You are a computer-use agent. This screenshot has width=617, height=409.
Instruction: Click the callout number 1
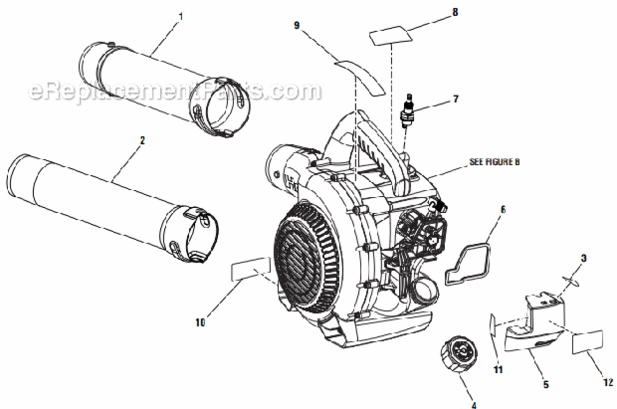(181, 16)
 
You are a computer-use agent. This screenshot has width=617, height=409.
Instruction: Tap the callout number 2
(142, 140)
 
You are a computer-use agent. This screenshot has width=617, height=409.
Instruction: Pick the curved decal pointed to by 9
(360, 74)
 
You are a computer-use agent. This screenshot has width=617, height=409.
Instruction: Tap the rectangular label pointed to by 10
(250, 268)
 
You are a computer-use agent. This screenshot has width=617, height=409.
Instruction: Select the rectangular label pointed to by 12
(588, 342)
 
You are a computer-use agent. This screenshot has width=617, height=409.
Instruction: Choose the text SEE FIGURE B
(494, 162)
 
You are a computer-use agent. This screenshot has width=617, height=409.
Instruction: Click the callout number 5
(546, 384)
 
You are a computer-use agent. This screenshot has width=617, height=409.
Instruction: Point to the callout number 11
(498, 370)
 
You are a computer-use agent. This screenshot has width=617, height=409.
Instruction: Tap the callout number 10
(200, 322)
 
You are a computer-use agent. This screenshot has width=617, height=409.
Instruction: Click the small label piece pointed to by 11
(493, 326)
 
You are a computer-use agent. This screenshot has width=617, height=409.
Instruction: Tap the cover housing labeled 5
(537, 327)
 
